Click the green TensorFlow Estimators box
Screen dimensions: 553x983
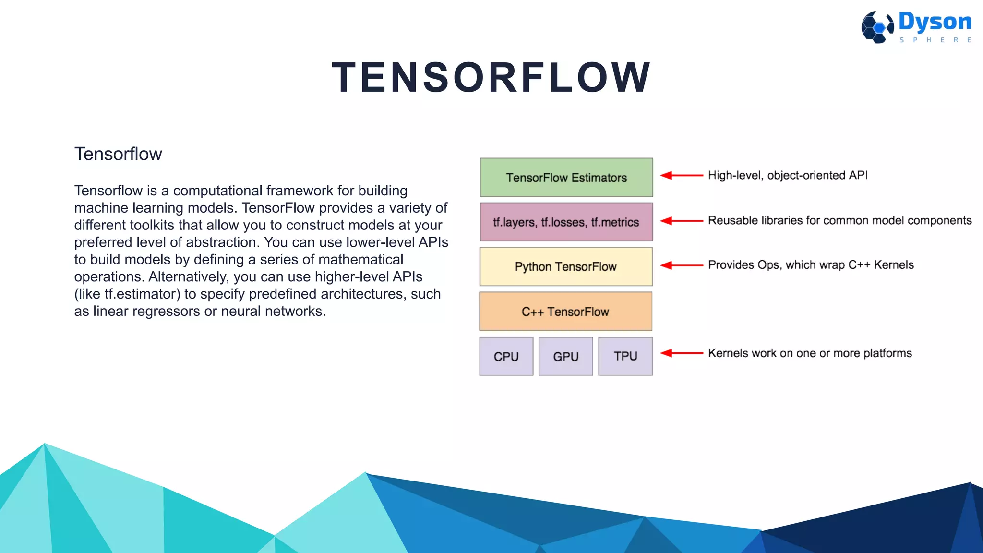click(566, 177)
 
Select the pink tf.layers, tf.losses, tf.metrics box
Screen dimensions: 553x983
click(566, 222)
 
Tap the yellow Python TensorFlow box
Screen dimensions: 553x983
click(566, 266)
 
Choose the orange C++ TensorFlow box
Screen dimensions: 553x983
click(565, 311)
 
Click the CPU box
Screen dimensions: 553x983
click(506, 356)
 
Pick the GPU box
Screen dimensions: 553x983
click(565, 356)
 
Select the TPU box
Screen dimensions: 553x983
click(625, 356)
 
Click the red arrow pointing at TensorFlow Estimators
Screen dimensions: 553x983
click(682, 175)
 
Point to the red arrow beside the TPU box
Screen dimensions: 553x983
click(682, 353)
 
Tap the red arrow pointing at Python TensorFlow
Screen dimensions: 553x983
click(682, 265)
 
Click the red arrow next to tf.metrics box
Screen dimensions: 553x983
click(682, 221)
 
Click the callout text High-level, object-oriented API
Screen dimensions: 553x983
click(788, 175)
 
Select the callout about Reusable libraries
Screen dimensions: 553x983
click(839, 220)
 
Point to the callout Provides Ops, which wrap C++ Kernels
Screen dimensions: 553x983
click(811, 265)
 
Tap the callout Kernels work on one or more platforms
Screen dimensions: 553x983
click(810, 353)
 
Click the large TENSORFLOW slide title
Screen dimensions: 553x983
click(491, 77)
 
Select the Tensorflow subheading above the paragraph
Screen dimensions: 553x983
click(118, 154)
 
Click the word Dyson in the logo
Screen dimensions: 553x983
click(935, 22)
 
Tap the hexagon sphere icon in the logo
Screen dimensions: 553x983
click(877, 27)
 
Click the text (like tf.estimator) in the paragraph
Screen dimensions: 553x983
click(127, 294)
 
